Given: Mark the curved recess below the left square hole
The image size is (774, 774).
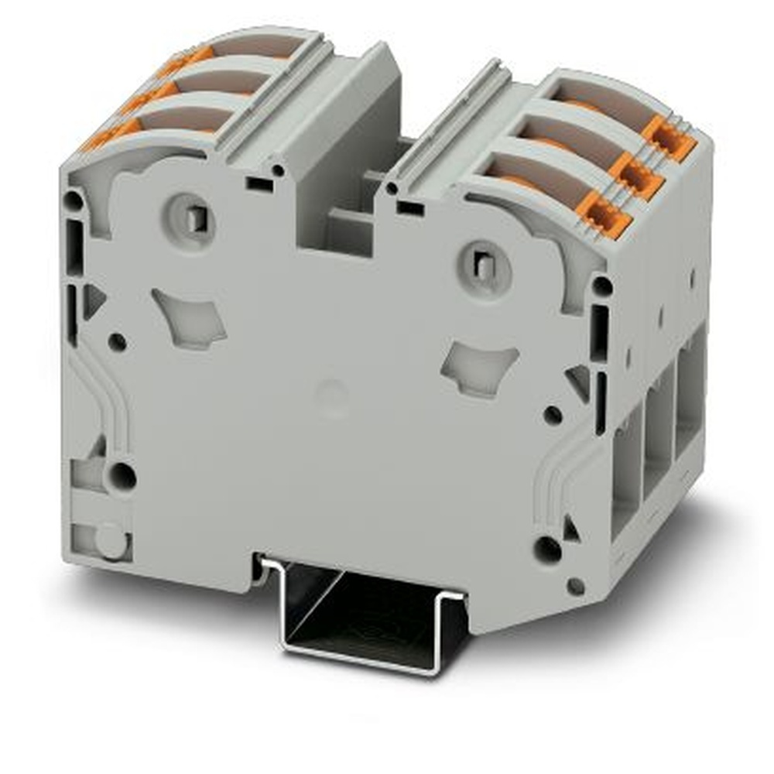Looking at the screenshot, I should coord(190,316).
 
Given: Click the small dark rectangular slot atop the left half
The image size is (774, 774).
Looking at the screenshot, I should coord(259,184).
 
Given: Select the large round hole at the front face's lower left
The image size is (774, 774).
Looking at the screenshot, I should coord(122,476).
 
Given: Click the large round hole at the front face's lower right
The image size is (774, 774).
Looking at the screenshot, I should coord(547,550).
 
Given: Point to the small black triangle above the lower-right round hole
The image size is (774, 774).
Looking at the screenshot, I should coord(571,529).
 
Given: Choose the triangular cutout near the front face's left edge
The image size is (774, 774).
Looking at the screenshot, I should coord(94,300).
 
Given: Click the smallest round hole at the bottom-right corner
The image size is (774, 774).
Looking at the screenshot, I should coord(575,586).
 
